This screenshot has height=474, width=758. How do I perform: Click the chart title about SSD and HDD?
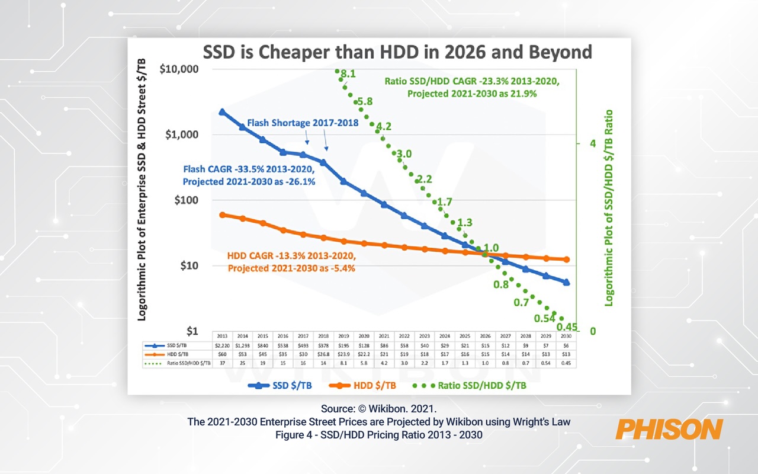(397, 52)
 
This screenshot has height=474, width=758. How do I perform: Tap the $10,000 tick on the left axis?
(179, 69)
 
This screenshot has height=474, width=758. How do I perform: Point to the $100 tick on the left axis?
(187, 200)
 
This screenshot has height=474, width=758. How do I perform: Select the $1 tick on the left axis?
(192, 331)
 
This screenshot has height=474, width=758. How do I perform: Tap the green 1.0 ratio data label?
(492, 248)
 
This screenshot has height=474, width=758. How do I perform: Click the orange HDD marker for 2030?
(567, 260)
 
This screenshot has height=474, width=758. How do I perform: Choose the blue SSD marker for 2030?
(567, 283)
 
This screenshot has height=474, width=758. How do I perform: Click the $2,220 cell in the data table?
(223, 345)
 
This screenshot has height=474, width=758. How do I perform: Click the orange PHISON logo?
(669, 429)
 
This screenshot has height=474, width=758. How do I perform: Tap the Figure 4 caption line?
(379, 434)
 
